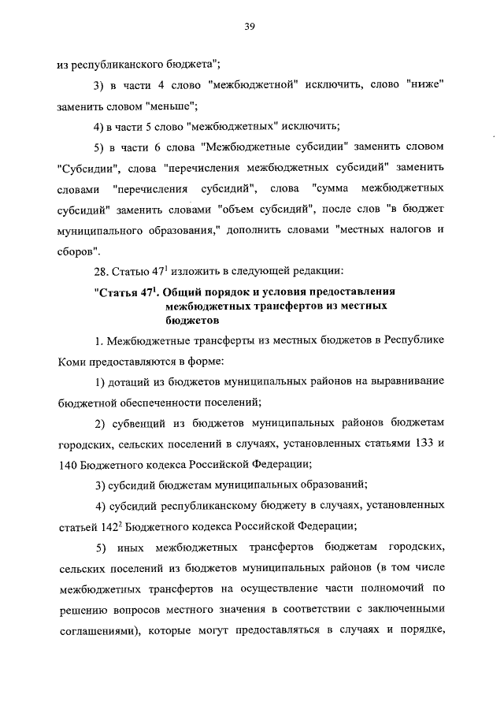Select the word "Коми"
72,362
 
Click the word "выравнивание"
409,381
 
